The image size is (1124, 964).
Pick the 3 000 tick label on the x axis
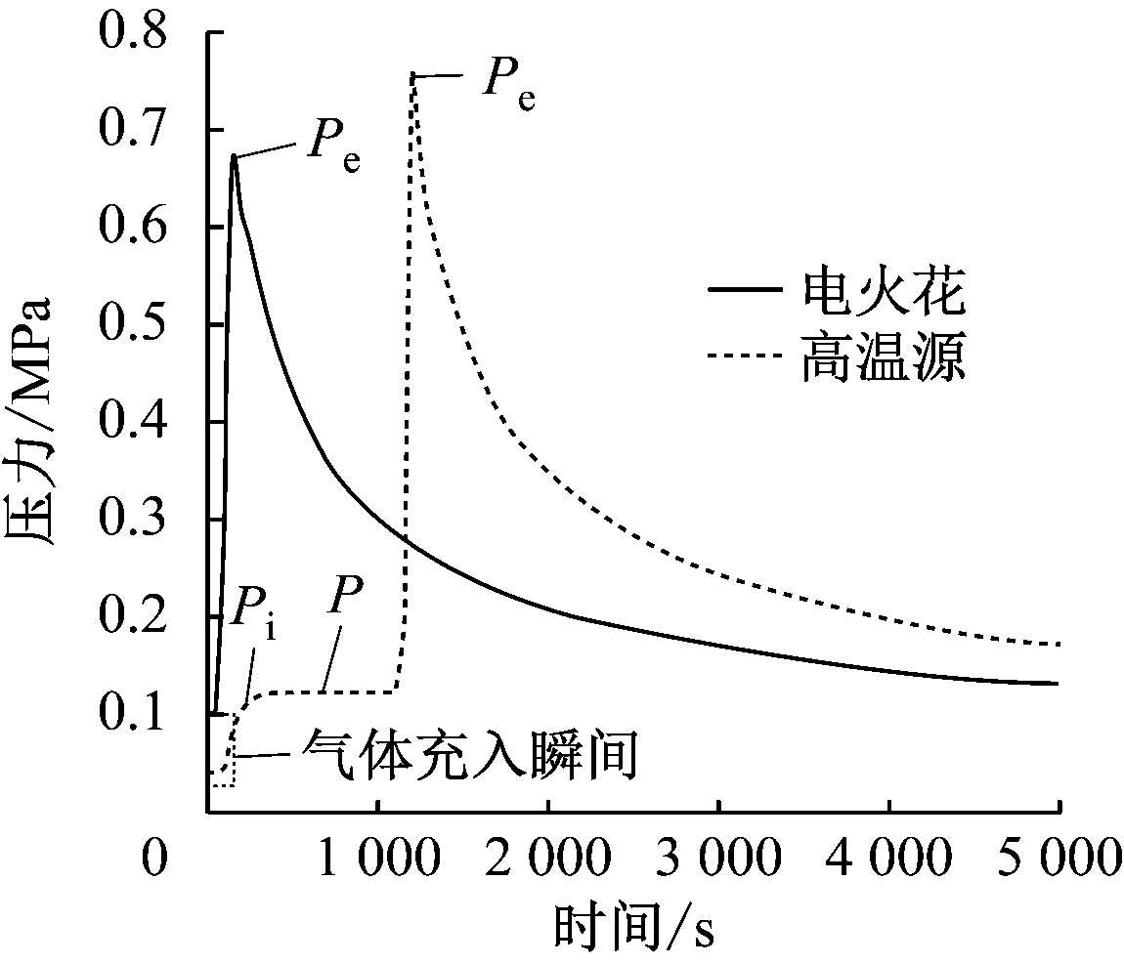coord(718,861)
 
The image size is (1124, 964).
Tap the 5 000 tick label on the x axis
coord(1059,861)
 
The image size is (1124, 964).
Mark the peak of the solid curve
coord(234,155)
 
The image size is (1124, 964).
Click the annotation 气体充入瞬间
coord(470,756)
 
